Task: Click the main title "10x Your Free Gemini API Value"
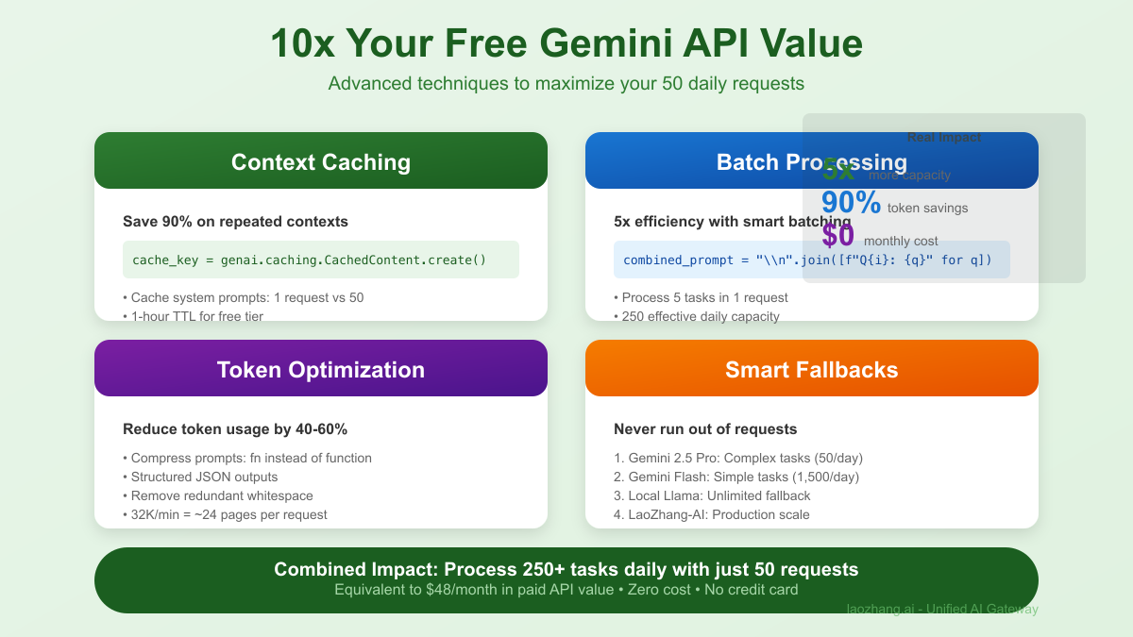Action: (566, 44)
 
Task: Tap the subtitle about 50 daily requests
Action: (566, 84)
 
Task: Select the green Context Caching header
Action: (321, 162)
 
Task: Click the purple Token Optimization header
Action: (321, 369)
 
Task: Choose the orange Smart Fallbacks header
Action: (812, 369)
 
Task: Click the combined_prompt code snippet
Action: (807, 260)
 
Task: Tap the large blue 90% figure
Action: (851, 203)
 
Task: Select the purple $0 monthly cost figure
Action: (837, 235)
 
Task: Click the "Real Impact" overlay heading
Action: (944, 138)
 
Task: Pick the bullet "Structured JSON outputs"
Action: (204, 477)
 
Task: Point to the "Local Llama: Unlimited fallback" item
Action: (712, 495)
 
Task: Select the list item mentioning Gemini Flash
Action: (736, 477)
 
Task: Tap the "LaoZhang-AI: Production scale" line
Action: (712, 514)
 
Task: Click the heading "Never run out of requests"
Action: (705, 429)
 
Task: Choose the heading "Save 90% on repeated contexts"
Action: (235, 222)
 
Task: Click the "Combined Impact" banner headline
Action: (566, 570)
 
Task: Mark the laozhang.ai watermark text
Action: (942, 610)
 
